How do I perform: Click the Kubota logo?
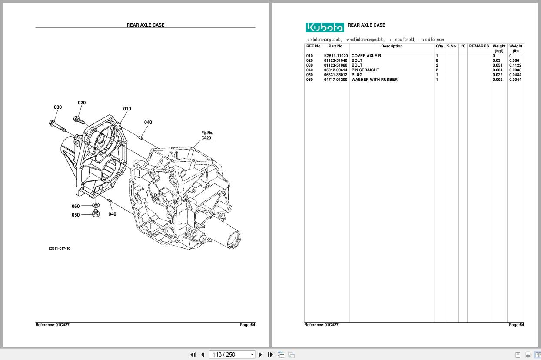click(325, 27)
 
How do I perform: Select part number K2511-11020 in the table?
click(335, 56)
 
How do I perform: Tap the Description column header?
click(392, 46)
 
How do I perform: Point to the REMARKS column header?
click(479, 46)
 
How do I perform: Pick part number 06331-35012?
click(335, 75)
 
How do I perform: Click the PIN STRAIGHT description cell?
click(365, 70)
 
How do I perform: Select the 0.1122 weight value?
click(515, 65)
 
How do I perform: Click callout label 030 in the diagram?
click(58, 107)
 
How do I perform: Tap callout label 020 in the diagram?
click(82, 103)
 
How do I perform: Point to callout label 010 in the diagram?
click(127, 109)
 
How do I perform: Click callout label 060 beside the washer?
click(76, 206)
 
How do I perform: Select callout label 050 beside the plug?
click(76, 215)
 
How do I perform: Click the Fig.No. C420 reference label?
click(207, 136)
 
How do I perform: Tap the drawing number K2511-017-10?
click(59, 249)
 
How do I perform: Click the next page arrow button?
click(260, 355)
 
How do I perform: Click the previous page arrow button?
click(202, 355)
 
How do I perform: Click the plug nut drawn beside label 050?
click(96, 213)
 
